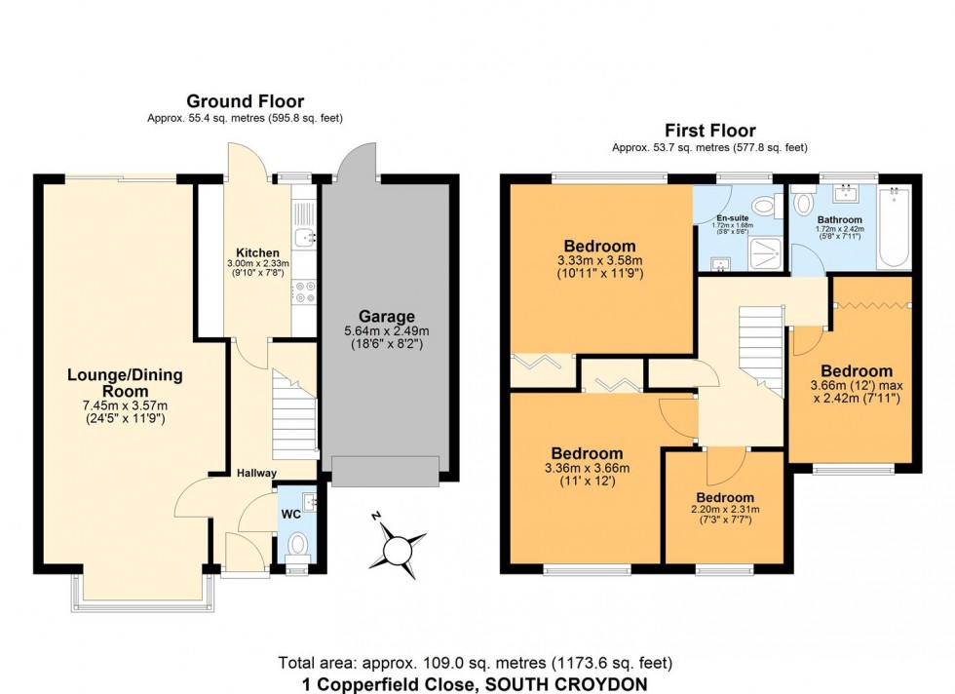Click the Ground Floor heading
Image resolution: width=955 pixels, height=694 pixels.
point(245,101)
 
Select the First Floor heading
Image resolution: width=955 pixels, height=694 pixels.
point(709,131)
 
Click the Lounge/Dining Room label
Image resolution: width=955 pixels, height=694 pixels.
point(125,383)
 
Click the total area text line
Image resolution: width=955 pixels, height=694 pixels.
point(477,663)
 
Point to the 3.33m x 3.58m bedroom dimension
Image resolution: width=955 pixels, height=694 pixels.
point(598,261)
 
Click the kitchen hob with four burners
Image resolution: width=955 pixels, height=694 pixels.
point(305,289)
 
